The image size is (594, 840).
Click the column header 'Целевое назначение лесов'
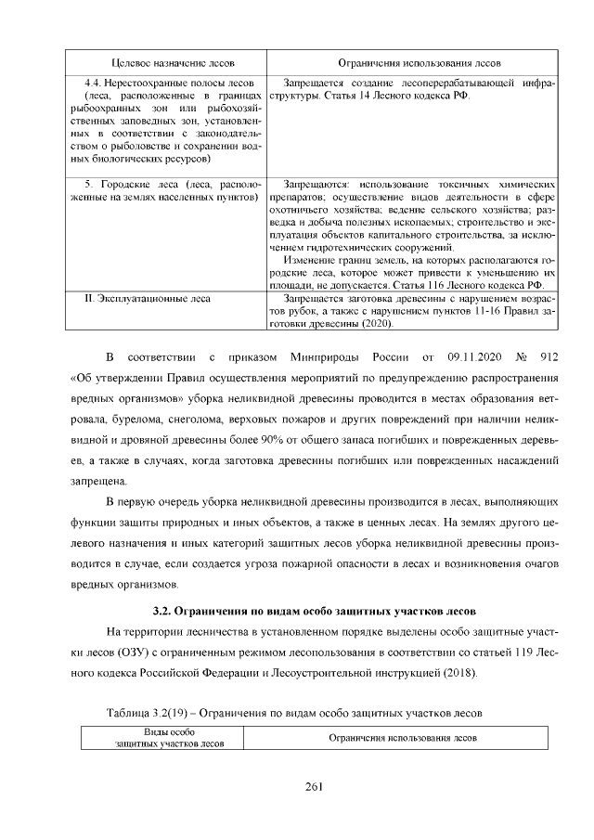(164, 63)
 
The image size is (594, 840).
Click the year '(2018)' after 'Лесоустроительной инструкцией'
(463, 673)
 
